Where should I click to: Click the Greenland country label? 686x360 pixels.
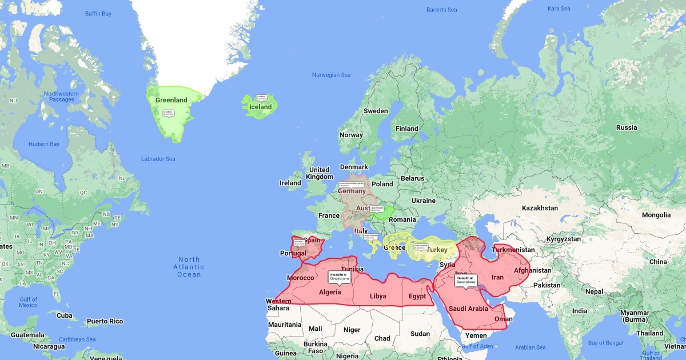(x=171, y=101)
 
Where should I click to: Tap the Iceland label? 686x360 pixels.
(x=261, y=107)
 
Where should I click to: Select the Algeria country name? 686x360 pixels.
(x=330, y=293)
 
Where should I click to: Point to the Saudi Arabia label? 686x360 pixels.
(x=468, y=309)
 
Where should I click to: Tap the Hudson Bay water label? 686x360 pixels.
(x=44, y=144)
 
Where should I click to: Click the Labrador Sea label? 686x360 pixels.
(x=158, y=159)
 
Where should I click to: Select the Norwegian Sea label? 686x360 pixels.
(x=331, y=75)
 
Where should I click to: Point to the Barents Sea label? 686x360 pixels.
(x=442, y=10)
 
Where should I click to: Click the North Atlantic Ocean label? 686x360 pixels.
(x=189, y=267)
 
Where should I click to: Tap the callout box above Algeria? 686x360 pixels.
(x=339, y=277)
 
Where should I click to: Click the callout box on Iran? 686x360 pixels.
(x=465, y=280)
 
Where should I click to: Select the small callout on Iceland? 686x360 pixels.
(x=262, y=98)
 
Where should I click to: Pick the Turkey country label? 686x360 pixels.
(x=437, y=250)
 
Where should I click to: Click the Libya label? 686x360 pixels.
(x=378, y=296)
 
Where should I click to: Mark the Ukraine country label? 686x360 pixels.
(x=424, y=201)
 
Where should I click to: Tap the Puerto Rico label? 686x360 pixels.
(x=105, y=321)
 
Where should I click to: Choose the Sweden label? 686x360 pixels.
(x=376, y=111)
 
